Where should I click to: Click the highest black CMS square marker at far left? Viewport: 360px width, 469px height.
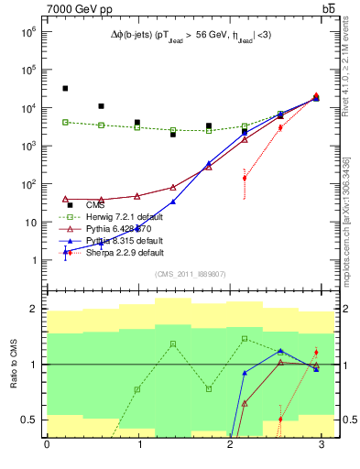tap(65, 89)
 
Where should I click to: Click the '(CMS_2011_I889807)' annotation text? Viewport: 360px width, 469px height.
tap(183, 274)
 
